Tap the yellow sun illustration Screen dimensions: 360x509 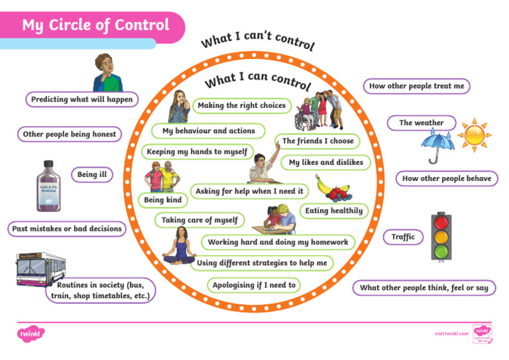click(475, 135)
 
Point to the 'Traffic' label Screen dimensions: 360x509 click(403, 237)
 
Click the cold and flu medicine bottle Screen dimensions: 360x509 click(52, 186)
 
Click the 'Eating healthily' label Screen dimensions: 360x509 click(334, 211)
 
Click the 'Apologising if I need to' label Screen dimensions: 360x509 click(254, 285)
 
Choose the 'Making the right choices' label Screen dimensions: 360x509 click(242, 105)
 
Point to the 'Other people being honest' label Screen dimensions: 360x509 click(70, 134)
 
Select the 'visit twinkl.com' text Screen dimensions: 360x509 click(451, 333)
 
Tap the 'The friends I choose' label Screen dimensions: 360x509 click(318, 141)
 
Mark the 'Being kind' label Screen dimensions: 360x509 click(162, 200)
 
